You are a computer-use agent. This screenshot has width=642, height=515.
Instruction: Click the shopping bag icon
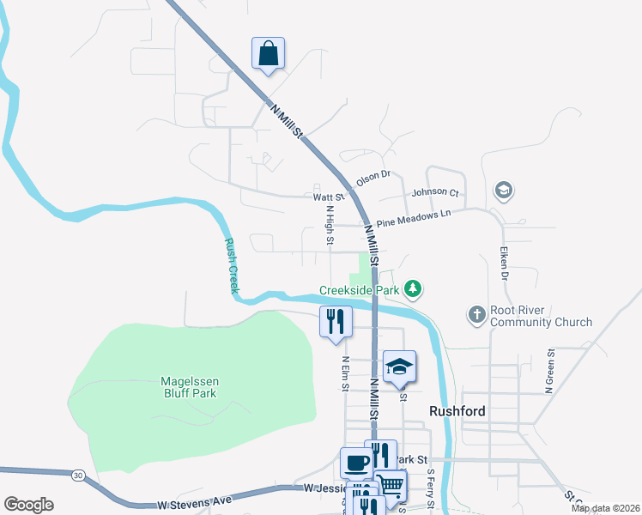click(269, 53)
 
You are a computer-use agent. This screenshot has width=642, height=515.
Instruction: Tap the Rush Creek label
click(231, 266)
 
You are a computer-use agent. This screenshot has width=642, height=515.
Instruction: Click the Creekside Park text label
click(360, 290)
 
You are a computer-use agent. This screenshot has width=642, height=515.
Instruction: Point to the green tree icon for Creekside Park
click(413, 288)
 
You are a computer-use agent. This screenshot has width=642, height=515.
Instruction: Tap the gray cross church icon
click(477, 315)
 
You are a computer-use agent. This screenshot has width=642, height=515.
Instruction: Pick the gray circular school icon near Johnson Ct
click(504, 190)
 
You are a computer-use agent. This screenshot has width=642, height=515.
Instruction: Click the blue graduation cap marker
click(399, 367)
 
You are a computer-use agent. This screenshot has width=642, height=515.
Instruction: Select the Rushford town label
click(457, 411)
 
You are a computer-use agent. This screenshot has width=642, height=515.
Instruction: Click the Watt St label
click(328, 197)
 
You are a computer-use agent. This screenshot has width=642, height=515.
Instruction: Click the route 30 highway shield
click(79, 475)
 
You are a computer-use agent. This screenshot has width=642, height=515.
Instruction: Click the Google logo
click(28, 505)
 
